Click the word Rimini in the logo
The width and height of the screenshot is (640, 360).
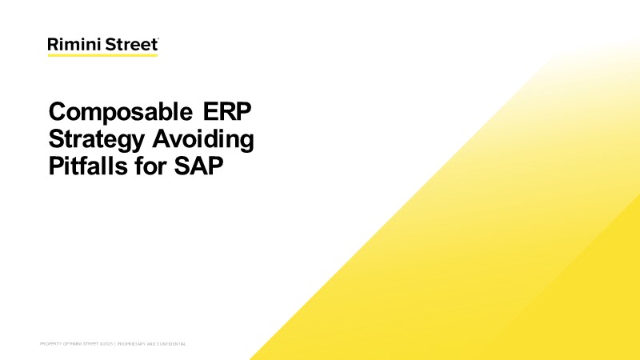71,45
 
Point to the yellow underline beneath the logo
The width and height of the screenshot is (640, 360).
102,55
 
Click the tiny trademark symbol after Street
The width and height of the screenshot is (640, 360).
158,39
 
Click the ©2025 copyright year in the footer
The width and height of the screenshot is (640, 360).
108,343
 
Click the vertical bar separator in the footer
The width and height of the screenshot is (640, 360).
115,343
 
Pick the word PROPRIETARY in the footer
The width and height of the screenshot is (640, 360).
131,343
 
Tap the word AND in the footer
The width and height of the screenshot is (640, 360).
150,343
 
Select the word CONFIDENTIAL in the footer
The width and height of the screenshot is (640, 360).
171,343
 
